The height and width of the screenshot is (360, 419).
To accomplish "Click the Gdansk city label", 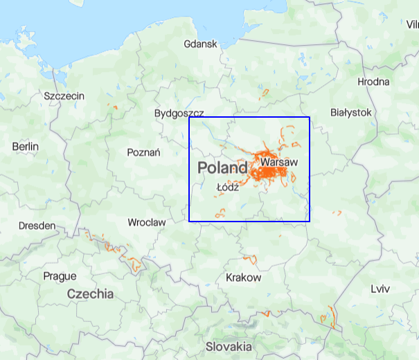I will (201, 44).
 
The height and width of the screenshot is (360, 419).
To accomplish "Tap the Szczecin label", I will (64, 96).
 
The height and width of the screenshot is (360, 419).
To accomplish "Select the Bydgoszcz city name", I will (179, 113).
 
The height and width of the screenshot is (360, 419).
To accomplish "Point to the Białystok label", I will (351, 112).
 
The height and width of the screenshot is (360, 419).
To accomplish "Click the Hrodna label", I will (373, 82).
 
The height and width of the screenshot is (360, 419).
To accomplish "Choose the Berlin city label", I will (26, 147).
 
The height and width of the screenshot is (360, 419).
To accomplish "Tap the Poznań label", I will (144, 152).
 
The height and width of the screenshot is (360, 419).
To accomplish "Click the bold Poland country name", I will (222, 168).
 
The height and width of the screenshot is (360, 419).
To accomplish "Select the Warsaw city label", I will (279, 161).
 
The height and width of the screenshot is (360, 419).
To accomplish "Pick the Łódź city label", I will (227, 188).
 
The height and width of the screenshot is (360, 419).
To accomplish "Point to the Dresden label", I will (37, 226).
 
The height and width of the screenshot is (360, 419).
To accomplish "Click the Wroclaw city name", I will (147, 223).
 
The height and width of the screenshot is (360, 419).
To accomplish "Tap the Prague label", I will (60, 276).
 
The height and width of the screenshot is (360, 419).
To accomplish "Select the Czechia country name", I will (90, 294).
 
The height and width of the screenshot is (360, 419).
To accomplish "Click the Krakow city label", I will (244, 278).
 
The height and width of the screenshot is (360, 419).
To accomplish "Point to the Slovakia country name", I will (229, 345).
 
